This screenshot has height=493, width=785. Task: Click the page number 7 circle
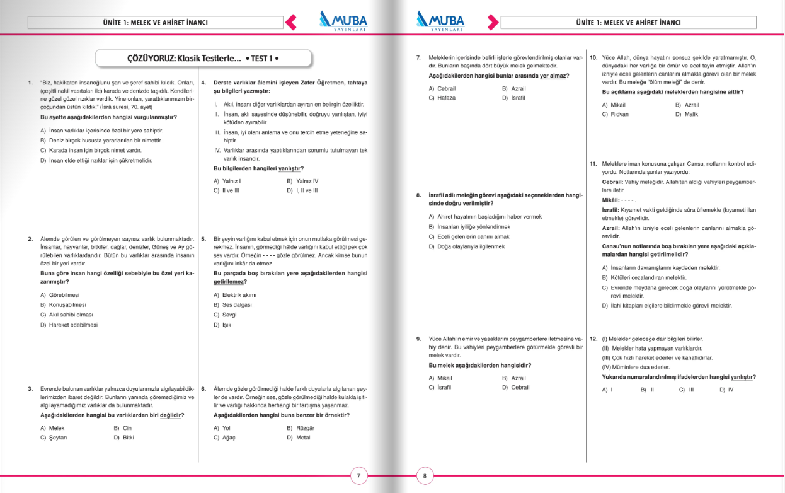[x=358, y=476]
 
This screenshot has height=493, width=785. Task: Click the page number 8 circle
[x=425, y=476]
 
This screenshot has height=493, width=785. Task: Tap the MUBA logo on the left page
[x=343, y=21]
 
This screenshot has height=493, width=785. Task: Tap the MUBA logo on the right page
[x=441, y=21]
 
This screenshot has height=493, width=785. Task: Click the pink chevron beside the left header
[x=290, y=23]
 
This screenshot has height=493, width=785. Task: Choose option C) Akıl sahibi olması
[x=67, y=315]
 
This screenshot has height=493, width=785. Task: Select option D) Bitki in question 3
[x=124, y=437]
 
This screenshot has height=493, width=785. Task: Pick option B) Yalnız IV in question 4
[x=302, y=181]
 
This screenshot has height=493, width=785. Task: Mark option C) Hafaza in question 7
[x=442, y=98]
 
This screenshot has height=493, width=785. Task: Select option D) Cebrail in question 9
[x=515, y=387]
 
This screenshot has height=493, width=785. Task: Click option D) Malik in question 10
[x=687, y=114]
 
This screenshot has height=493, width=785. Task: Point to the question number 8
[x=418, y=195]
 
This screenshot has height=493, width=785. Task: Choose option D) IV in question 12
[x=726, y=390]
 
